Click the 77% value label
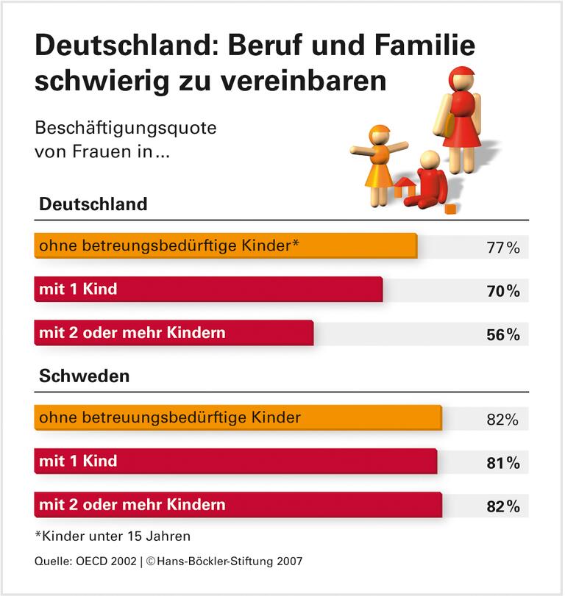click(503, 248)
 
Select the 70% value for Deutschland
click(503, 291)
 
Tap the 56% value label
click(503, 334)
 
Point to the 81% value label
click(503, 463)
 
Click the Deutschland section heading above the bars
click(93, 204)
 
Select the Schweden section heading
click(84, 376)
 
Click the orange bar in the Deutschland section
click(225, 245)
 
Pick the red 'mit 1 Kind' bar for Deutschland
click(208, 289)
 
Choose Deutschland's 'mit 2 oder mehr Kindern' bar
click(174, 333)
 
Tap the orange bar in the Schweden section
click(238, 417)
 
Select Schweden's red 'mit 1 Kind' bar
click(235, 462)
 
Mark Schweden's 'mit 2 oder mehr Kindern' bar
click(238, 505)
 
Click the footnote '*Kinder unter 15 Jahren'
click(102, 536)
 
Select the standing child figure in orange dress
click(379, 165)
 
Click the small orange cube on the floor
click(450, 209)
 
